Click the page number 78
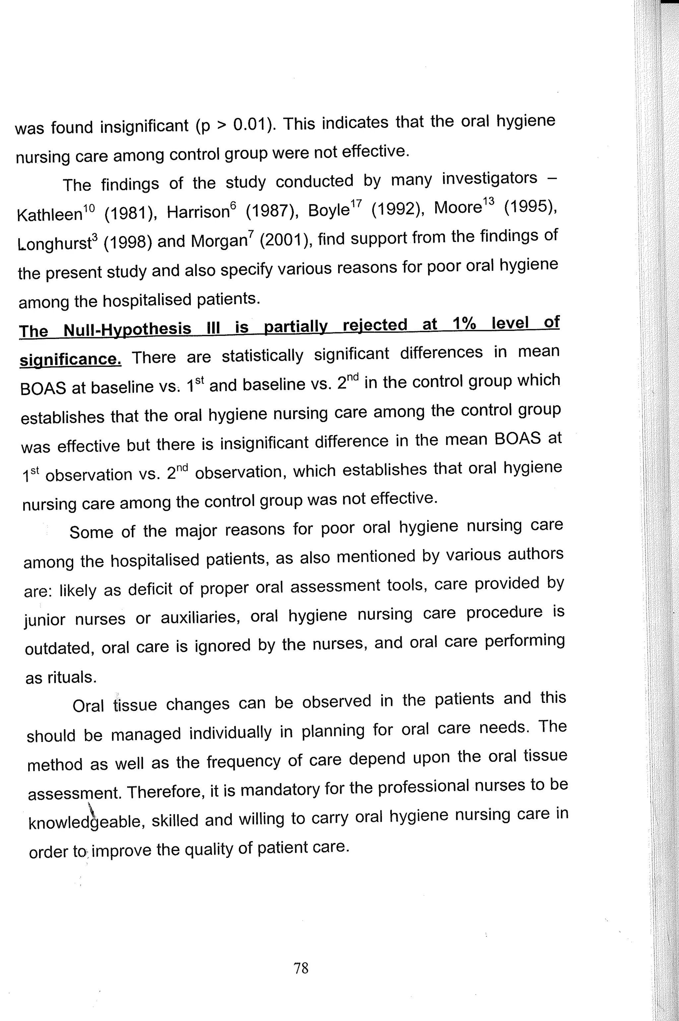(301, 968)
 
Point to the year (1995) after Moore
(530, 207)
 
